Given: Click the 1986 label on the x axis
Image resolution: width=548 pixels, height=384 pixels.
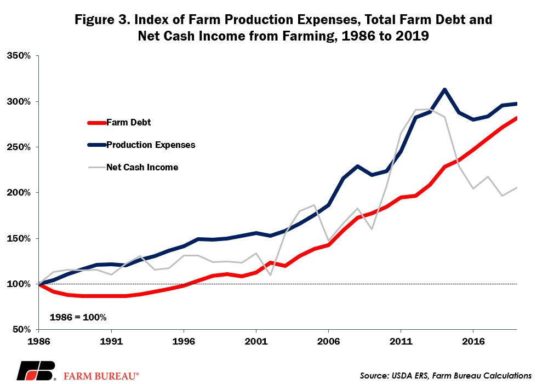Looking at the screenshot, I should pyautogui.click(x=39, y=340).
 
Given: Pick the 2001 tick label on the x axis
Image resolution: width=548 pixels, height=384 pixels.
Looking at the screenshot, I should pyautogui.click(x=255, y=340).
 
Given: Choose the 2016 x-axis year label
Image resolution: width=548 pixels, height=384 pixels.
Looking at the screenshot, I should pyautogui.click(x=472, y=340).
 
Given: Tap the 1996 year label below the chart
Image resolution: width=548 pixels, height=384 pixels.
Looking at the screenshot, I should pyautogui.click(x=184, y=340).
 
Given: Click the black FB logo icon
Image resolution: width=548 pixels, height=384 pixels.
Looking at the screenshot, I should pyautogui.click(x=36, y=371).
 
